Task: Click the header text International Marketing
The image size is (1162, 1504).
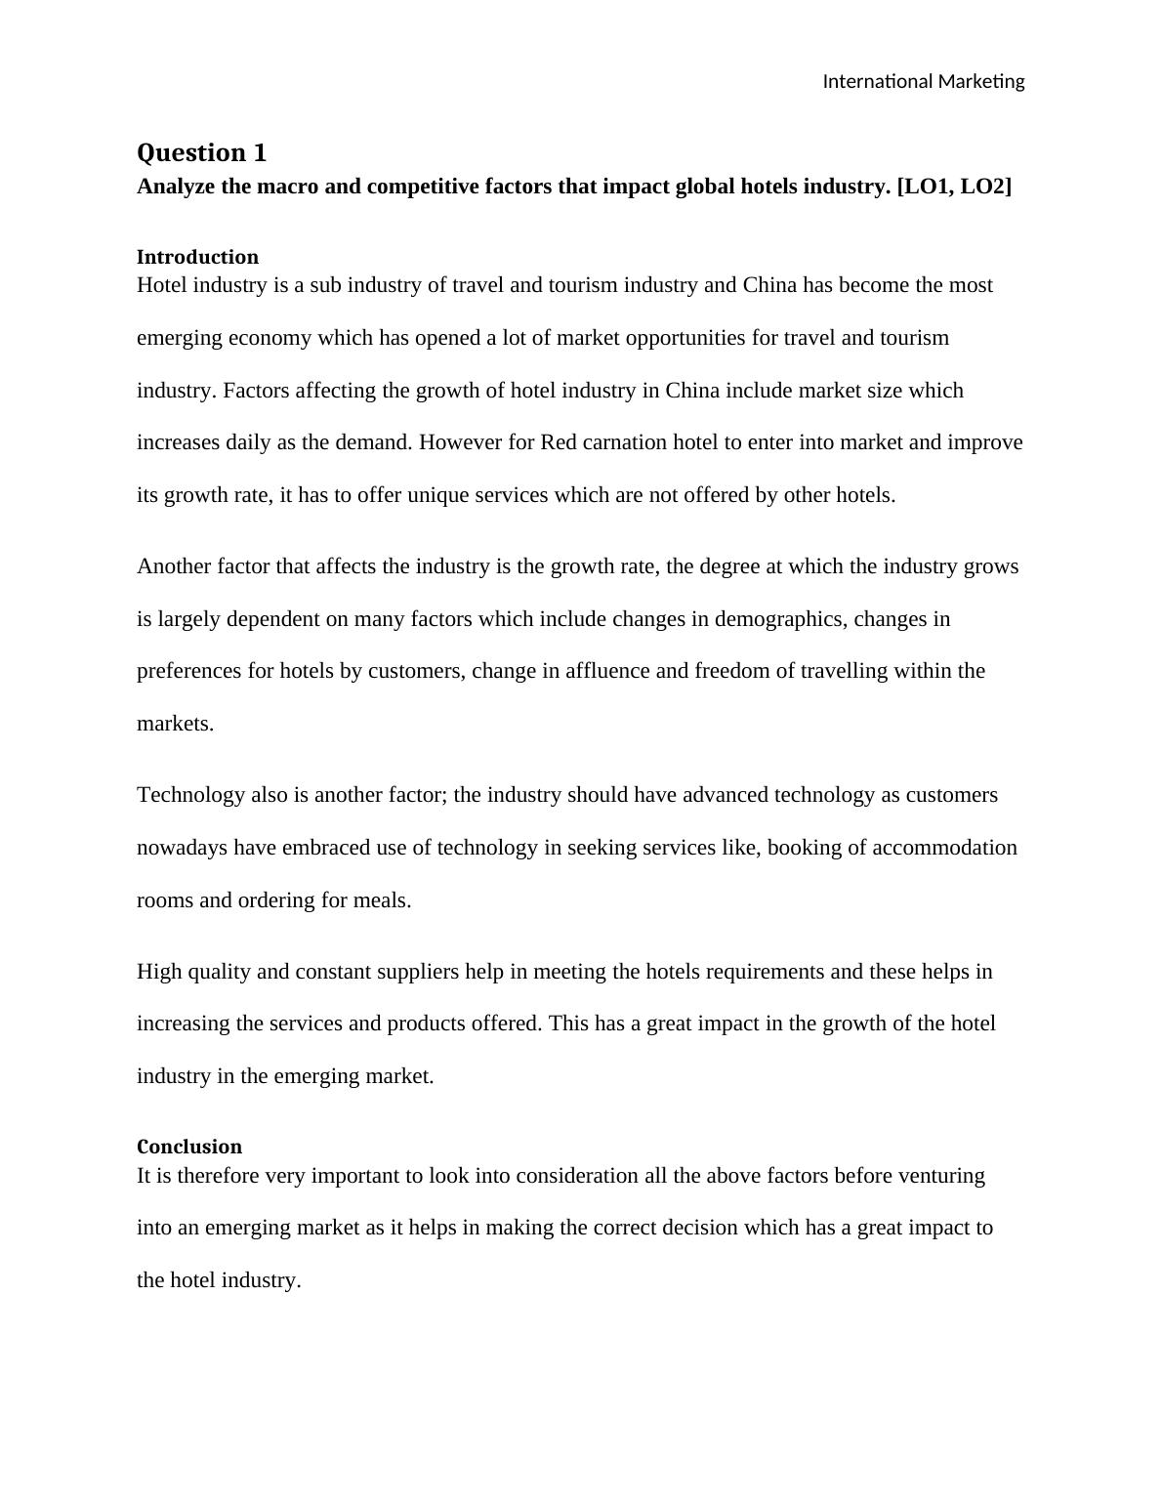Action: coord(923,81)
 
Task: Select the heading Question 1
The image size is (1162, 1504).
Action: coord(201,152)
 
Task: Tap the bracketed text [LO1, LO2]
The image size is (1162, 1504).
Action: coord(954,187)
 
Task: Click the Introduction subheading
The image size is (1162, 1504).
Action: coord(197,257)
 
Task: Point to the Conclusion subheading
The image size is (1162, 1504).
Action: coord(189,1147)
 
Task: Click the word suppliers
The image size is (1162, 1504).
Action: coord(412,972)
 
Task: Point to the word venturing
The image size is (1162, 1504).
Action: coord(939,1176)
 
